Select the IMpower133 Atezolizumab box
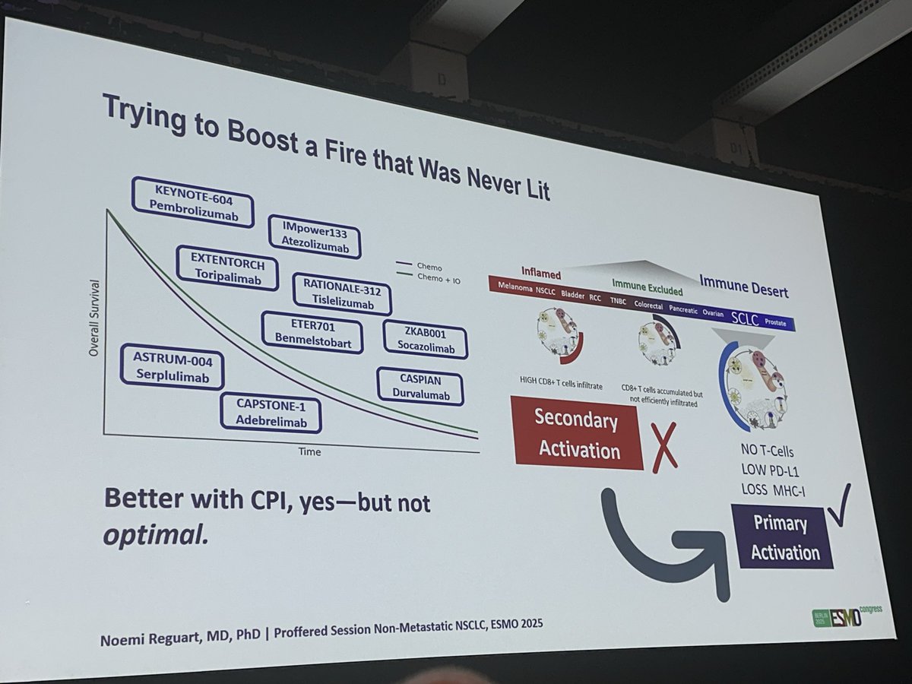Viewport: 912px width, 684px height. [315, 236]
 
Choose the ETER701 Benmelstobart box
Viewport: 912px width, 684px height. [312, 332]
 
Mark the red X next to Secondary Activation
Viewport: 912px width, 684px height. [663, 450]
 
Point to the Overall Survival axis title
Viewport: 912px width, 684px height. [94, 319]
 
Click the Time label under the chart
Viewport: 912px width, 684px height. [309, 451]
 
